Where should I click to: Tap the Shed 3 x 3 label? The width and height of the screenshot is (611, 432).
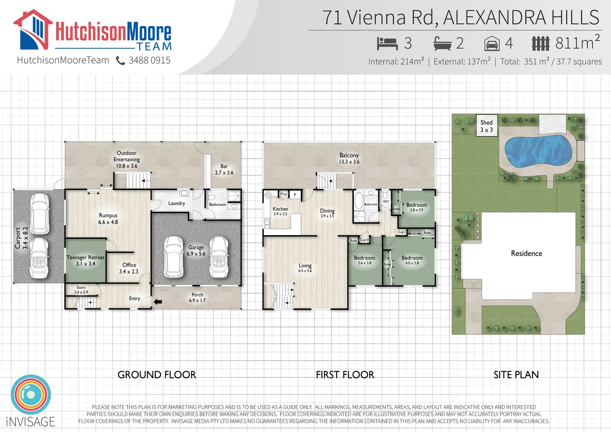click(486, 126)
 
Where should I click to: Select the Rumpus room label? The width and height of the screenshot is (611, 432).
click(108, 219)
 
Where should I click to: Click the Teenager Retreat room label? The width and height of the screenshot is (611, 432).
click(86, 260)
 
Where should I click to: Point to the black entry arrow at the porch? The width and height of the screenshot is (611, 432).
click(158, 302)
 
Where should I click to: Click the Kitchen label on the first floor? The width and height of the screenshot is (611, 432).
click(280, 211)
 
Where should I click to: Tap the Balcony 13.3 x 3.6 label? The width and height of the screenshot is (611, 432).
click(349, 158)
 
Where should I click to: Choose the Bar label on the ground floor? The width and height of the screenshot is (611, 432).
click(224, 170)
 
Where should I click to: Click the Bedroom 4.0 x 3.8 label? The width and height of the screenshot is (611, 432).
click(412, 260)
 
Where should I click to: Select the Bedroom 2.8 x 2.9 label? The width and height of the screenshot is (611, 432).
click(416, 207)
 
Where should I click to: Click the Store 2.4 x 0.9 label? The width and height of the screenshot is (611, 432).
click(81, 290)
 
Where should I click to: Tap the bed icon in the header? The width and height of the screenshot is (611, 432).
click(387, 43)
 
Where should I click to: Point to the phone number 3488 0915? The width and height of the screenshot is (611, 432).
click(149, 60)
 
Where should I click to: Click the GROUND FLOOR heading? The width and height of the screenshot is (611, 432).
click(157, 375)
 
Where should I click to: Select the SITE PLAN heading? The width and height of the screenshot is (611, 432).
click(516, 375)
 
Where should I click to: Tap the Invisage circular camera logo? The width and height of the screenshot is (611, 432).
click(31, 394)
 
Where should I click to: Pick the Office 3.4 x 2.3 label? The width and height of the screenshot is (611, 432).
click(129, 268)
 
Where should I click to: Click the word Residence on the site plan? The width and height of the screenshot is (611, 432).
click(526, 254)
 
